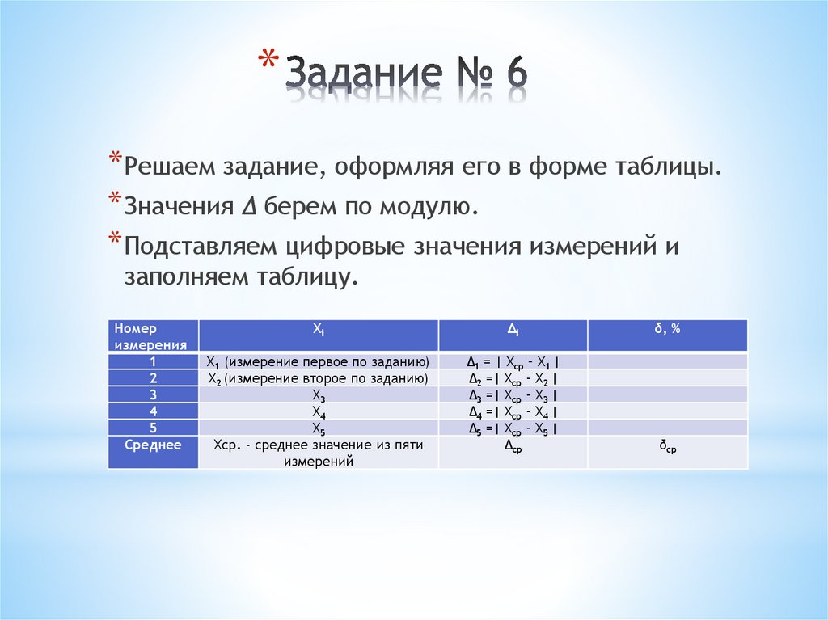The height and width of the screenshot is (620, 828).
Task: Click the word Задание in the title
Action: click(x=363, y=77)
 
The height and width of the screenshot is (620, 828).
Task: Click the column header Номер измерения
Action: click(x=153, y=335)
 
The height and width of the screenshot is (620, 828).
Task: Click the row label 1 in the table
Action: click(x=153, y=361)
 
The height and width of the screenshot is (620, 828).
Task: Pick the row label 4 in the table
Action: click(x=153, y=411)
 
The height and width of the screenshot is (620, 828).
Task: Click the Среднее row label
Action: click(x=153, y=445)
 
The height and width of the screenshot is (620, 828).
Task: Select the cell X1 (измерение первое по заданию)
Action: click(x=318, y=361)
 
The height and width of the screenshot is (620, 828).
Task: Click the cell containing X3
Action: click(x=319, y=395)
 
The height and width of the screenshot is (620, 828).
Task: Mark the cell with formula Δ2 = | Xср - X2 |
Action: click(x=513, y=378)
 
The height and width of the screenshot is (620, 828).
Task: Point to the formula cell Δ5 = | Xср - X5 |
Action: click(x=513, y=428)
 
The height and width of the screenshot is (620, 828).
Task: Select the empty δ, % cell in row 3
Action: click(x=667, y=394)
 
